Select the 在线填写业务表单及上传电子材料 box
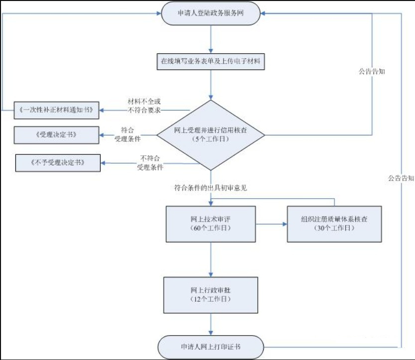[x=211, y=62]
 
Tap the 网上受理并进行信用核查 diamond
[x=211, y=134]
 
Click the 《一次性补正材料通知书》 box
[x=56, y=110]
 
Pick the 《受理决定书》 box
[x=56, y=135]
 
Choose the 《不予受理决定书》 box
[x=58, y=163]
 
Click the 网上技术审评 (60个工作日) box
[x=211, y=224]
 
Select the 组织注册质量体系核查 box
[x=334, y=224]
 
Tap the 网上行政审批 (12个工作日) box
[x=211, y=294]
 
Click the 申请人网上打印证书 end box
[x=211, y=346]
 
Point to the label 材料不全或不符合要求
[x=144, y=107]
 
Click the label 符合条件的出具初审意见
[x=211, y=188]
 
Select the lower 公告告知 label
[x=401, y=178]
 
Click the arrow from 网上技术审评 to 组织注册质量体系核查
[x=272, y=225]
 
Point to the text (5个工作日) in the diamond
[x=211, y=139]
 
